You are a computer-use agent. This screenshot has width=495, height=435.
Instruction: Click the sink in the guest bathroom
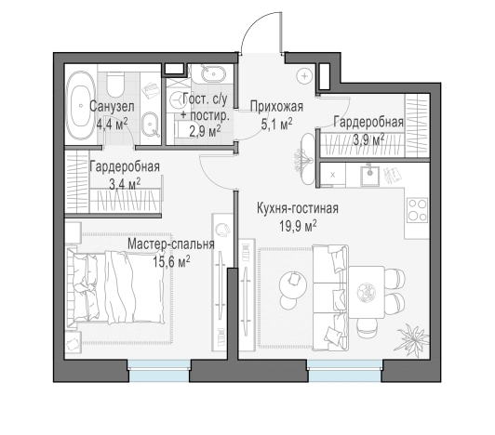[x=207, y=77]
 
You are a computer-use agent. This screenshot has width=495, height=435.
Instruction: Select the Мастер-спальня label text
[x=171, y=244]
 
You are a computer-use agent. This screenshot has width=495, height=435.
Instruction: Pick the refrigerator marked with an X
[x=331, y=174]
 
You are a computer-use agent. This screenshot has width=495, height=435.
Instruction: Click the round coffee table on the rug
[x=293, y=280]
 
